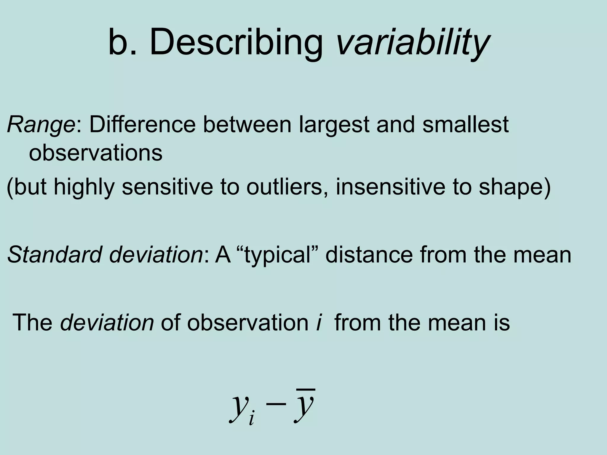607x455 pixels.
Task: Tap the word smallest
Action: [466, 125]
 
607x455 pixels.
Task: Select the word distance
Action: [369, 254]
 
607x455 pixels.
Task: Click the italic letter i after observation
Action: [319, 322]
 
